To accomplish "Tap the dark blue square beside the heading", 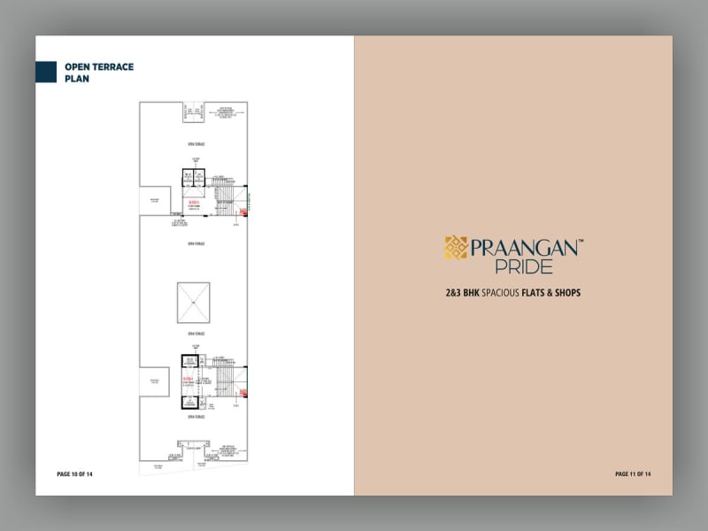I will tap(46, 72).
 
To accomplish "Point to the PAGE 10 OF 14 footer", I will tap(74, 474).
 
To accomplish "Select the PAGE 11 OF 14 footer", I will tap(633, 474).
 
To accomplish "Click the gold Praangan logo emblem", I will tap(456, 247).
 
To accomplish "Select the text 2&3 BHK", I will tap(462, 292).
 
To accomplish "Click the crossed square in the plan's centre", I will tap(193, 302).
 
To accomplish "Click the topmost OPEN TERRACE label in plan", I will tap(193, 142).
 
